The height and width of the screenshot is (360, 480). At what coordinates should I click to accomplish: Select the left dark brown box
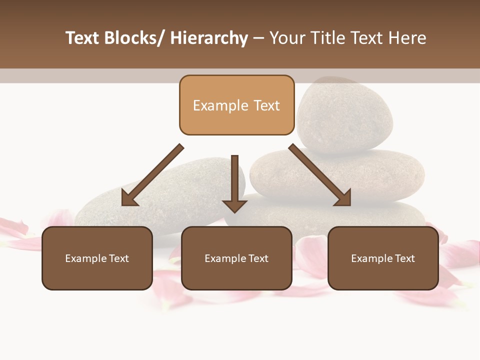coord(97,258)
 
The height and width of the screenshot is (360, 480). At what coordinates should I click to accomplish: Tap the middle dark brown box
coord(236,258)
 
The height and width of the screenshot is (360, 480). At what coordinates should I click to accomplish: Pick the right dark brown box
coord(383,258)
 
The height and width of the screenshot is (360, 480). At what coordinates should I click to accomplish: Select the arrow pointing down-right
coord(320,175)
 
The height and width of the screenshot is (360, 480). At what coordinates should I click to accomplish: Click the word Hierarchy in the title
coord(209,38)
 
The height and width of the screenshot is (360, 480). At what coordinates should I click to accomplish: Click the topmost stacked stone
coord(345,115)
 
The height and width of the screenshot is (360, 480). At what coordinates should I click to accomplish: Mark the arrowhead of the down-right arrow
coord(342,197)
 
